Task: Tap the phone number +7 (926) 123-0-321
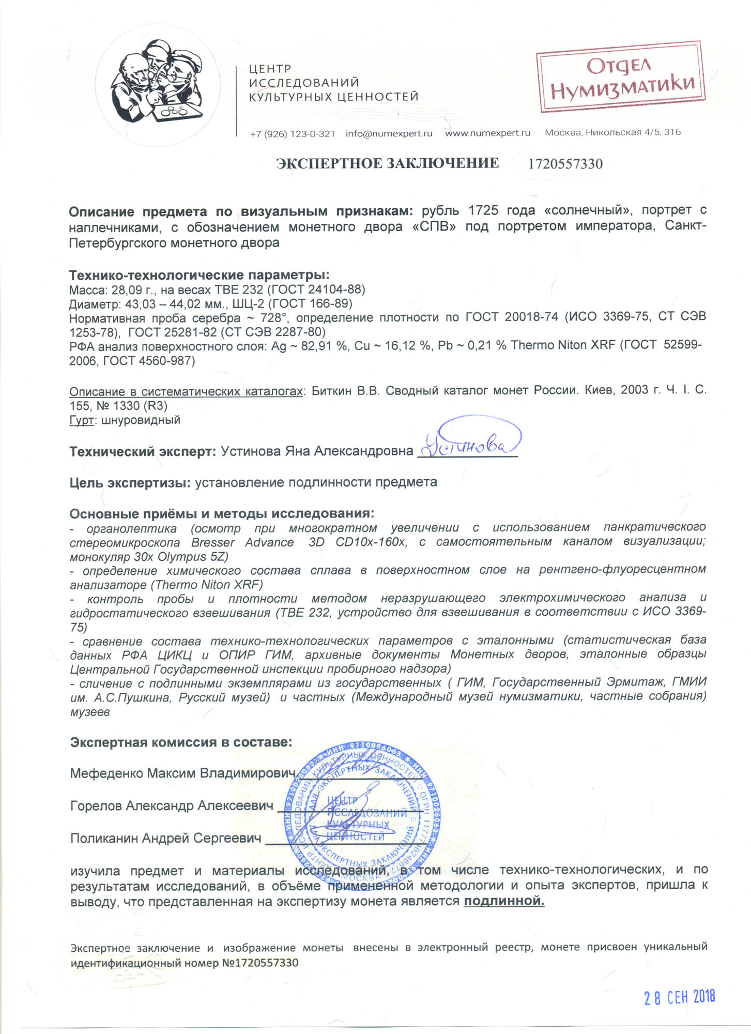[292, 134]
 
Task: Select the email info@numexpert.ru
[389, 134]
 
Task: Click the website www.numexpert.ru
[487, 133]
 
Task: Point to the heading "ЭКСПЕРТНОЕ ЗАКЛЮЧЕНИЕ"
[387, 163]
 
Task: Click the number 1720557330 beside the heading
[565, 164]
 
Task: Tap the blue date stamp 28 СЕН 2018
[679, 997]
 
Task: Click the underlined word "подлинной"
[504, 902]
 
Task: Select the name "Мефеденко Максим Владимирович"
[182, 773]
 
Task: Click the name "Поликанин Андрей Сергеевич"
[165, 838]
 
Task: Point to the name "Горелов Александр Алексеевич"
[172, 806]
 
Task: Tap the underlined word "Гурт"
[81, 420]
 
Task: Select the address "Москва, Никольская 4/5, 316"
[612, 132]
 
